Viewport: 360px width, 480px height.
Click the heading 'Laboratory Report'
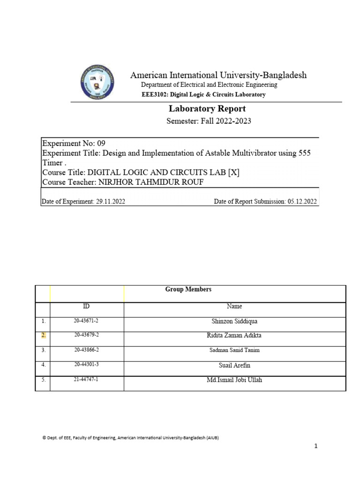click(207, 109)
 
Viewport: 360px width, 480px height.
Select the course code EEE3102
click(154, 95)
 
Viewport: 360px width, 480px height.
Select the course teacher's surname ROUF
click(193, 182)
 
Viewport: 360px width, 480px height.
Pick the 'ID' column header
click(86, 307)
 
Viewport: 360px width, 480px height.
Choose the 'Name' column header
click(234, 307)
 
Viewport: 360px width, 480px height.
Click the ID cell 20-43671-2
click(86, 321)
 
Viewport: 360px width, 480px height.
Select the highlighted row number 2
click(43, 336)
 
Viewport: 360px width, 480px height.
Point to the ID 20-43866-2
click(86, 350)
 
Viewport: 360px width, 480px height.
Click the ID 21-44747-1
click(86, 379)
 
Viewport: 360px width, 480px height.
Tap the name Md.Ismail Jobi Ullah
click(234, 380)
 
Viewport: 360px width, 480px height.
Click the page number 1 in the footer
click(316, 446)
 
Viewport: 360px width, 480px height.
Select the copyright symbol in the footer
click(44, 438)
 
